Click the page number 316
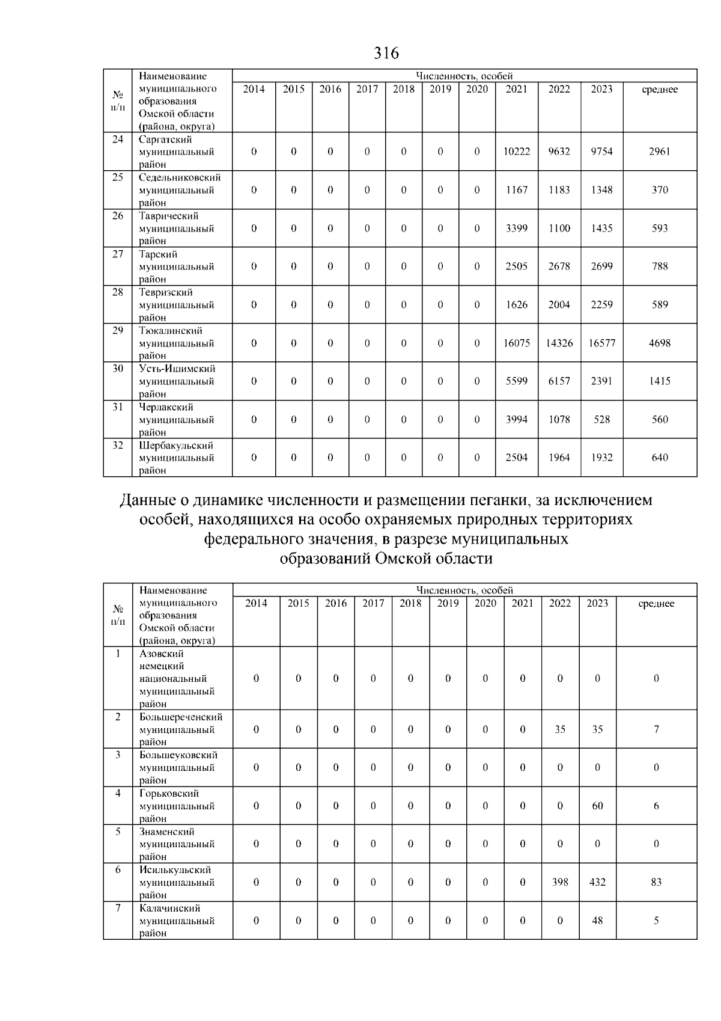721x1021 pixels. coord(386,54)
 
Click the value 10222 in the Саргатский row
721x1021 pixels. coord(516,152)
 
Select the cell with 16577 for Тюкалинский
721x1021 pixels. coord(601,343)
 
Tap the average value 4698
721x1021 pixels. coord(659,343)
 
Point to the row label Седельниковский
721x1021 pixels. coord(180,177)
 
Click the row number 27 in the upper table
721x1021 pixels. coord(118,254)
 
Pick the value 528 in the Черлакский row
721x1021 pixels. coord(601,420)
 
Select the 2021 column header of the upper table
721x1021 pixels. coord(516,89)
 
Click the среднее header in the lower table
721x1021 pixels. coord(656,604)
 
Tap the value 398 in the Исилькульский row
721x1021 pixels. coord(559,882)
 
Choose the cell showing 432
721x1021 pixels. coord(597,882)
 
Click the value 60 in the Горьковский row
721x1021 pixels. coord(597,806)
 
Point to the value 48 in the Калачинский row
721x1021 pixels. coord(597,921)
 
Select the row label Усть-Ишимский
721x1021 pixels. coord(177,369)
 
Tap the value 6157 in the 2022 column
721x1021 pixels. coord(559,381)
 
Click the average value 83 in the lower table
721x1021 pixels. coord(656,882)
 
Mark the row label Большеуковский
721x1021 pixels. coord(178,755)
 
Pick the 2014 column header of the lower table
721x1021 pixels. coord(256,604)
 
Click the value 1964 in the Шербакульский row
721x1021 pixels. coord(559,458)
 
